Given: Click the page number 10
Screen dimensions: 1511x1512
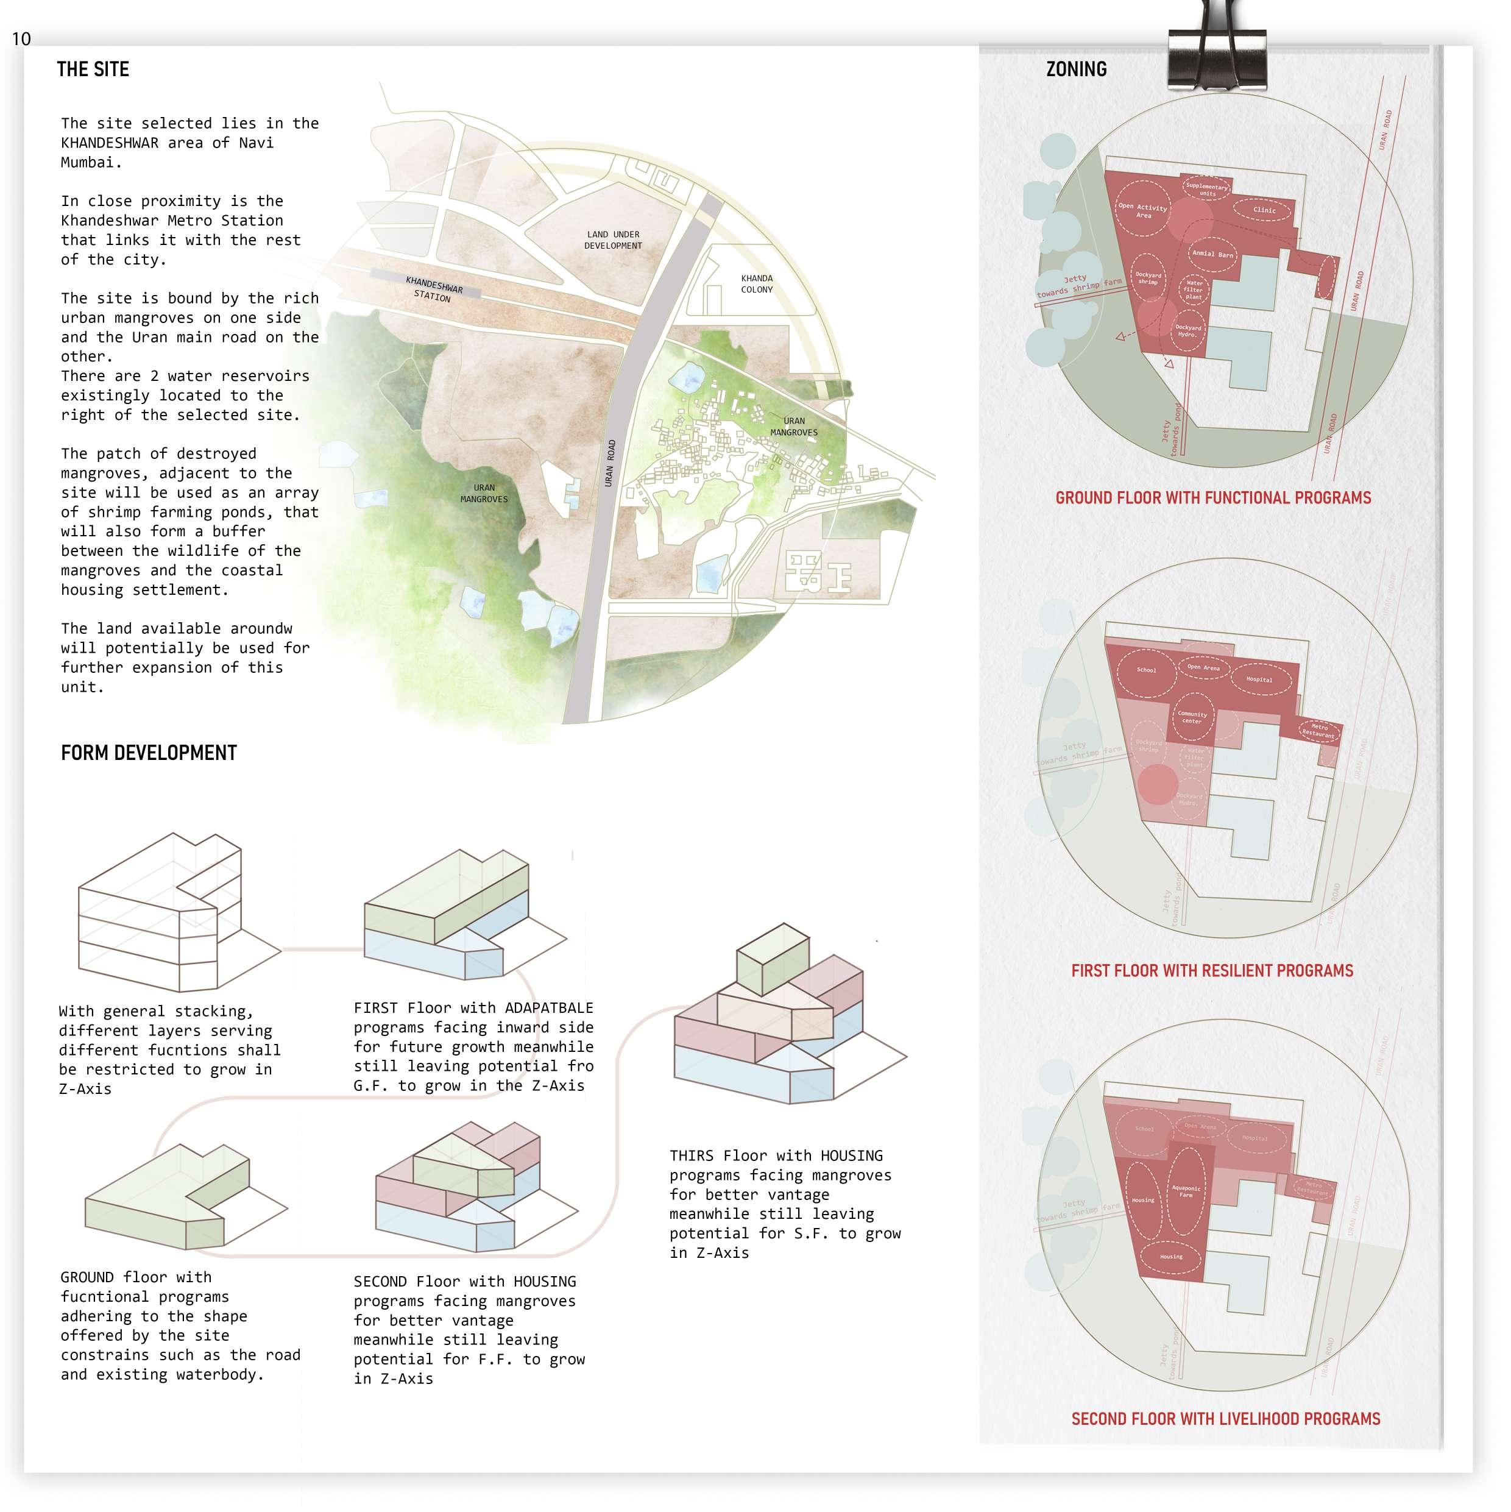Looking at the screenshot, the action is click(21, 39).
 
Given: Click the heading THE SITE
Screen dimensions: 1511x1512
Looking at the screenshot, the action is click(93, 69).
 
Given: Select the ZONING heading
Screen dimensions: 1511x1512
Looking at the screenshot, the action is click(1076, 69).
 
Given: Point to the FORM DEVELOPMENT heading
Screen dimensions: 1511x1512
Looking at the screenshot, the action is click(149, 753).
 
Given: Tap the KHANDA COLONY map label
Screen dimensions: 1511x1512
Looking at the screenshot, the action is click(757, 283).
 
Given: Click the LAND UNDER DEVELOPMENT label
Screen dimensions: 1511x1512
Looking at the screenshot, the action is click(613, 240).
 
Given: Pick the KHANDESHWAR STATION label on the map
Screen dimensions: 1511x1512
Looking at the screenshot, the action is click(434, 288).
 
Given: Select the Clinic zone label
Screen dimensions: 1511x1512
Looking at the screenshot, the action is click(1264, 210).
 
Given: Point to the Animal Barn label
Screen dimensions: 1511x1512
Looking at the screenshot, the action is click(1212, 254).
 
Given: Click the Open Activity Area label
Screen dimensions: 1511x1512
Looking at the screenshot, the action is click(1142, 210).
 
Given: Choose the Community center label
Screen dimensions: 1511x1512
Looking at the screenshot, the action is click(1192, 717).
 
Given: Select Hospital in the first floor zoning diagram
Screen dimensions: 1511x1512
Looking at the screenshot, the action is click(1259, 680).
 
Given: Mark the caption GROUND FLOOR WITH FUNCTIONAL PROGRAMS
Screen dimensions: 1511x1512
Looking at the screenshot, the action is click(1213, 498).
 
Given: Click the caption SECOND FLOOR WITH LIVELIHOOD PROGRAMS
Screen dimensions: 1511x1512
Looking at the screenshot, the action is click(1225, 1419).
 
